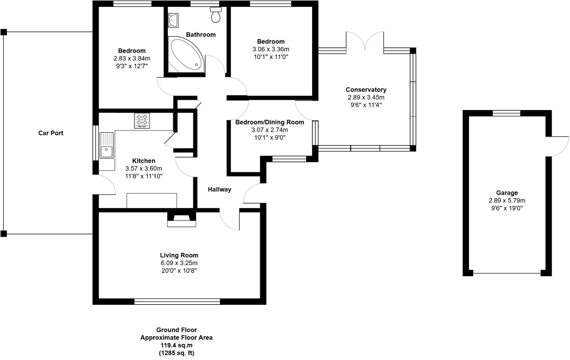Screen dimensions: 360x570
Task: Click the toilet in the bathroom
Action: coord(216,15)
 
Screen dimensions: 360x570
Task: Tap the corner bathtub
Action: coord(185,54)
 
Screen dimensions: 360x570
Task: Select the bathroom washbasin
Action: coord(173,20)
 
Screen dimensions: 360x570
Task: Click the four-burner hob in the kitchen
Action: coord(142,121)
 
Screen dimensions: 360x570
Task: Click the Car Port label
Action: coord(51,133)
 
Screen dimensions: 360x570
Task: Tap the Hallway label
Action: coord(219,190)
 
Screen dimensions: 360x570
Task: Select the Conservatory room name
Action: coord(366,90)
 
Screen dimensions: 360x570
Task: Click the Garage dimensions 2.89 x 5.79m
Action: coord(507,201)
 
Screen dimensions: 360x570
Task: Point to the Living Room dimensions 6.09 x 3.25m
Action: coord(179,263)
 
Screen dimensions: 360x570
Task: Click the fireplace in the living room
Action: coord(181,220)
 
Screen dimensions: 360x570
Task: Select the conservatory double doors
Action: coord(365,41)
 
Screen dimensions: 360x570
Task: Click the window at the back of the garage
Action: coord(506,113)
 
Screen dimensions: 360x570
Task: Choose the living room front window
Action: coord(177,301)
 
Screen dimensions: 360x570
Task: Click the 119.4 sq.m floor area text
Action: coord(176,345)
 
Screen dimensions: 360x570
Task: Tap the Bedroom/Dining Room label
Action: coord(269,122)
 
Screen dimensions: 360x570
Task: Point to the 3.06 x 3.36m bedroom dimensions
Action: coord(271,49)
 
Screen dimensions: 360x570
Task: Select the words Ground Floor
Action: coord(176,330)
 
